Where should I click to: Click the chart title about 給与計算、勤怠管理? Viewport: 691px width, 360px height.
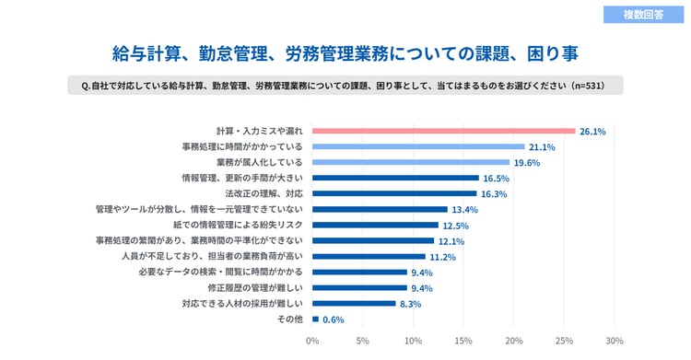pos(345,52)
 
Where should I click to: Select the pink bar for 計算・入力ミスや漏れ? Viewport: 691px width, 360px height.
pos(444,131)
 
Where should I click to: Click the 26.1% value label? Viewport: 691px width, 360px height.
pos(592,132)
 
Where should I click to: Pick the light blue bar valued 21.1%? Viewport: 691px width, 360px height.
pos(418,146)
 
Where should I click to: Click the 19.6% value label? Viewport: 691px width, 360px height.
pos(527,163)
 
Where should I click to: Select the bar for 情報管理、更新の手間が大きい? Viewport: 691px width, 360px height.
pos(395,178)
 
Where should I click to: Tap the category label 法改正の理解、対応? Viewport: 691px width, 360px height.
pos(264,193)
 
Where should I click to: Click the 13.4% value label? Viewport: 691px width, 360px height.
pos(464,210)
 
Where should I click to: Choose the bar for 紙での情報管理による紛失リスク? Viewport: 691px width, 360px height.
pos(375,225)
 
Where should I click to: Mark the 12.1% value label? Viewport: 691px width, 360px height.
pos(451,241)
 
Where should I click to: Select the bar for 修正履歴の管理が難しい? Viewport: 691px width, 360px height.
pos(359,287)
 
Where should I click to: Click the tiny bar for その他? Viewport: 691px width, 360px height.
pos(315,319)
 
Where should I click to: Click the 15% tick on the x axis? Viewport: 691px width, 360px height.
pos(463,340)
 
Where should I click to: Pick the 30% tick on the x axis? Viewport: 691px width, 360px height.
pos(615,340)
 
